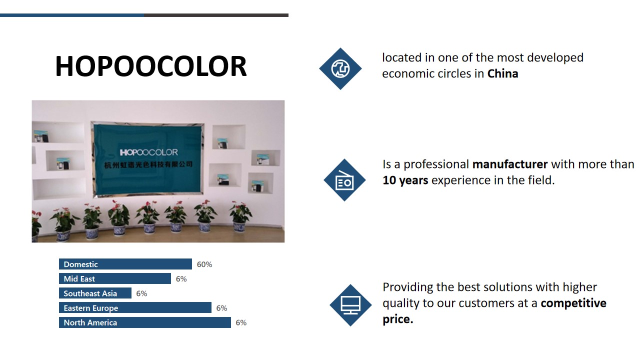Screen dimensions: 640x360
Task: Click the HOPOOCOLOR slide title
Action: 151,66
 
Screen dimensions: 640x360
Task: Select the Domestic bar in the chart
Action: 125,264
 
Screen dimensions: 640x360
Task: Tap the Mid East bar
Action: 115,278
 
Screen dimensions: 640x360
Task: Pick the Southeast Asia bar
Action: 95,293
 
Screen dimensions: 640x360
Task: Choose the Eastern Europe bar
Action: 135,307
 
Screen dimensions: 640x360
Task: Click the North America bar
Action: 145,322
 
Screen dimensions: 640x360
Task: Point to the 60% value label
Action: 204,264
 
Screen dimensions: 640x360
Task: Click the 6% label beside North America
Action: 241,322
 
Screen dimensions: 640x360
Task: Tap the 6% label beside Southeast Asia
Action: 141,293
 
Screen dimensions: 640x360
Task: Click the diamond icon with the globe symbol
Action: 340,68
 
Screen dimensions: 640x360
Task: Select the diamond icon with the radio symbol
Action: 344,180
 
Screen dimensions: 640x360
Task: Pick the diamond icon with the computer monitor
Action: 350,305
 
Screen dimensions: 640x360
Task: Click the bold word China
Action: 502,73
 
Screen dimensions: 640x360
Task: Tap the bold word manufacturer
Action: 510,164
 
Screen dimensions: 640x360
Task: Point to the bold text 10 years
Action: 405,180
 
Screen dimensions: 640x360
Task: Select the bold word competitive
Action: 573,303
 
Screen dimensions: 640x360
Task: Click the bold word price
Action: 397,319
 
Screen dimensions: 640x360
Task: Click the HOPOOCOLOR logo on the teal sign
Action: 148,152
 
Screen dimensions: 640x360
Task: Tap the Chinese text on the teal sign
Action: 148,164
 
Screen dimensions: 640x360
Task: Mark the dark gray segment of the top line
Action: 216,15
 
